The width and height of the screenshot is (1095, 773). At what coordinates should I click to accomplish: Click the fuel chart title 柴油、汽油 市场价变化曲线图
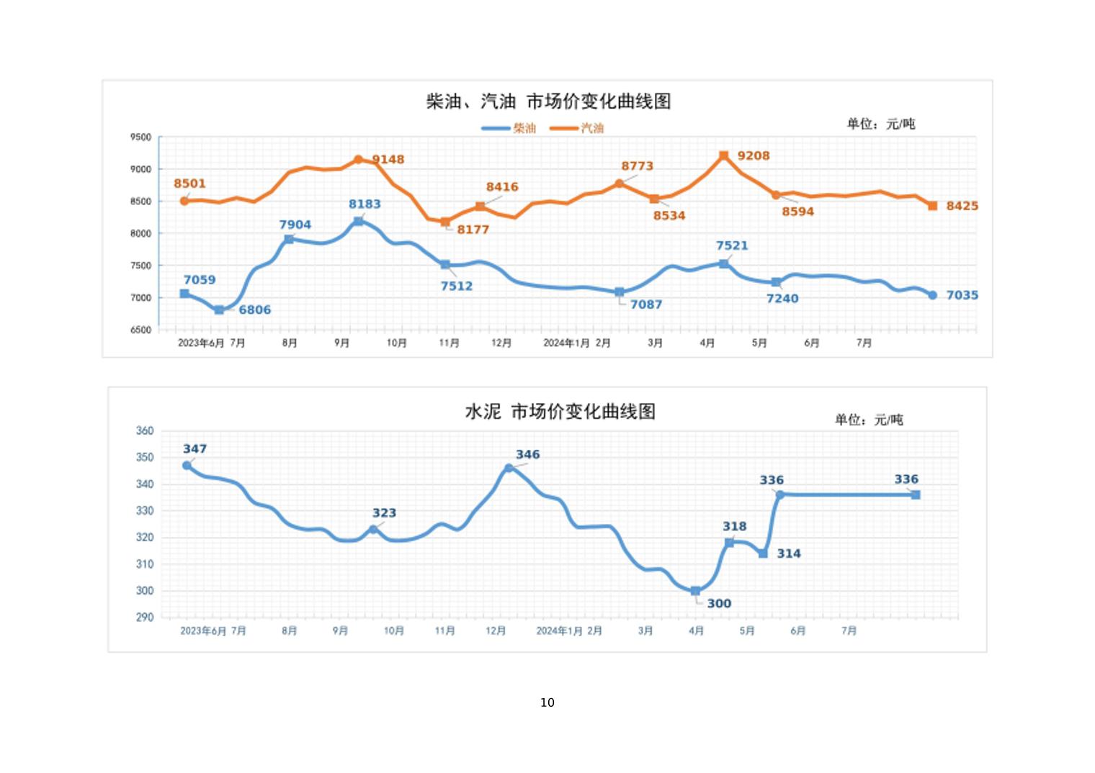[x=548, y=101]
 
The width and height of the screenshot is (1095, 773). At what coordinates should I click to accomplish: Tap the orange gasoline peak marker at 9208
[x=723, y=155]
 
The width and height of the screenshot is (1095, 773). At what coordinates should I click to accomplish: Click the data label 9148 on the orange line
[x=388, y=160]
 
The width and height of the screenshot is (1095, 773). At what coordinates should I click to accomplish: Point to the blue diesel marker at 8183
[x=358, y=222]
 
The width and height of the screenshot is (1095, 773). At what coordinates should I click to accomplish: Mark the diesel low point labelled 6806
[x=219, y=310]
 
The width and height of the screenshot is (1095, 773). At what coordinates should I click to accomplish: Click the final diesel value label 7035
[x=962, y=295]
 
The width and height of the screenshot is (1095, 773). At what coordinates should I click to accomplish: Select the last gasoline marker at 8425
[x=932, y=206]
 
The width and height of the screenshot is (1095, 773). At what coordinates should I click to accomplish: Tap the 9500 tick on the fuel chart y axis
[x=141, y=137]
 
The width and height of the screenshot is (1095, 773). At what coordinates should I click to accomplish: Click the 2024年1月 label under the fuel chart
[x=566, y=343]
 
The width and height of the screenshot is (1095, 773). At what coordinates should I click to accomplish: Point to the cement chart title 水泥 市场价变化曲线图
[x=560, y=412]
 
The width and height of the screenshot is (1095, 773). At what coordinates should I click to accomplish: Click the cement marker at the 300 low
[x=695, y=591]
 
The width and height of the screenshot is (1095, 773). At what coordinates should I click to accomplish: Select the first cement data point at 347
[x=187, y=466]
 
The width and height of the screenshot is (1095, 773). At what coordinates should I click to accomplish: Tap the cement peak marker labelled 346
[x=509, y=468]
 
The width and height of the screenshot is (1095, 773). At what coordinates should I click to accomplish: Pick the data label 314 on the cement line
[x=788, y=553]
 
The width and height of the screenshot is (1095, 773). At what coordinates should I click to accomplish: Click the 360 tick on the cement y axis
[x=144, y=431]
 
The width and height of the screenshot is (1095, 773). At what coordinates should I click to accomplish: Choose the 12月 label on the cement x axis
[x=496, y=631]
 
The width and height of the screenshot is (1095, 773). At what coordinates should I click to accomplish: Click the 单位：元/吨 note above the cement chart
[x=868, y=420]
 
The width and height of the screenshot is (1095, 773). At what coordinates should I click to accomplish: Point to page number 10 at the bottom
[x=547, y=702]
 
